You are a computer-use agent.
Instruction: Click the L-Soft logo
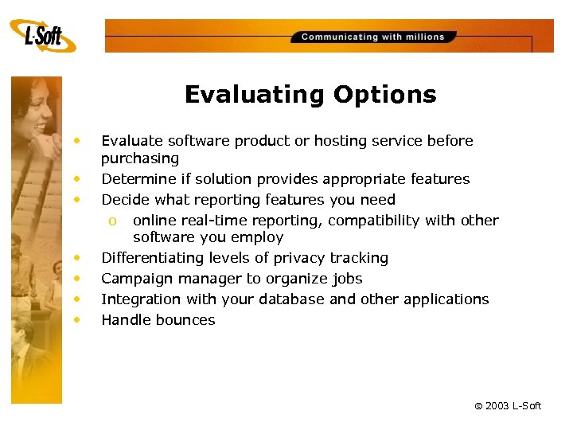(43, 37)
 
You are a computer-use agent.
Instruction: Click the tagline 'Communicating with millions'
(372, 37)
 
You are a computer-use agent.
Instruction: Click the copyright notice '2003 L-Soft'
(508, 406)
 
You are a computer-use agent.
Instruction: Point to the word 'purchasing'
(140, 158)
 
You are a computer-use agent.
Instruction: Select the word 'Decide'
(123, 200)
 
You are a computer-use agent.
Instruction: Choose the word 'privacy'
(298, 258)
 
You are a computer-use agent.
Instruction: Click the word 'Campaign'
(132, 279)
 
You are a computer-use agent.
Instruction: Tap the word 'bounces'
(185, 320)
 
